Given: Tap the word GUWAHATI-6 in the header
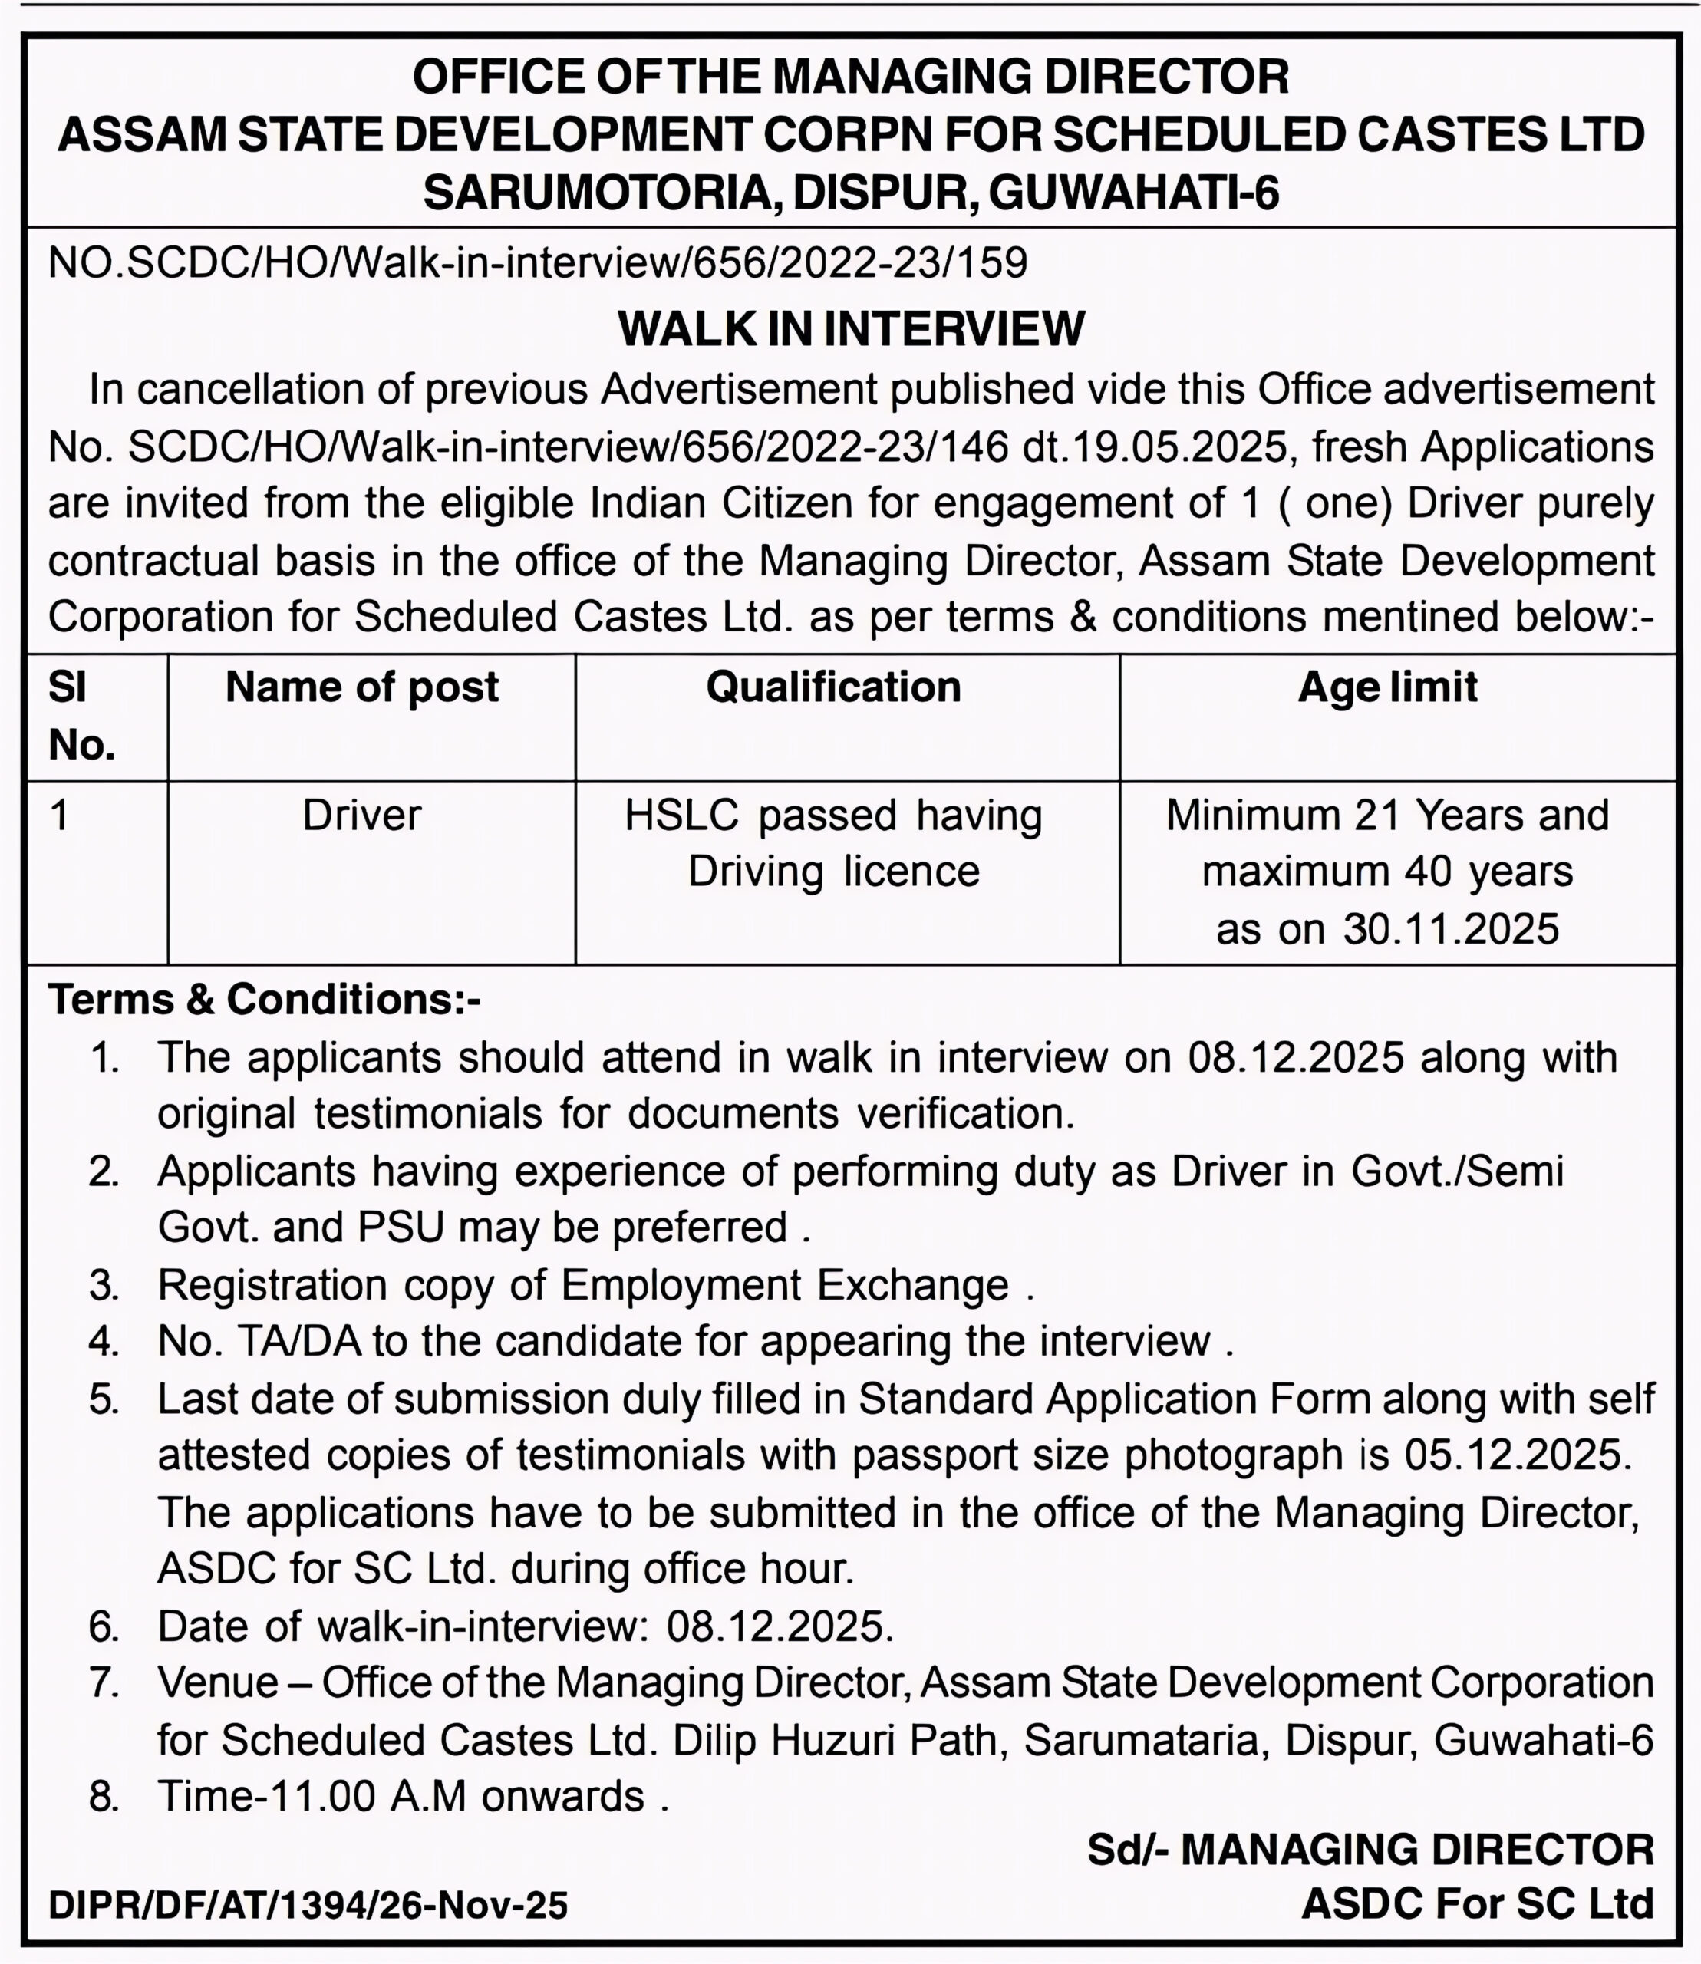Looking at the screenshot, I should click(x=1133, y=193).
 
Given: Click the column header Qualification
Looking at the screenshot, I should click(x=833, y=687).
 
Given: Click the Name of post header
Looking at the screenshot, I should click(x=361, y=687).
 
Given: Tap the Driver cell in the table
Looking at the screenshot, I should click(x=361, y=816).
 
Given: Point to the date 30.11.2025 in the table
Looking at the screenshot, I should click(x=1450, y=929).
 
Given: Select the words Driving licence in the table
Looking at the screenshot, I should click(x=833, y=872).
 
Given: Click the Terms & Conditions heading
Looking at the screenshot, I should click(x=265, y=1000).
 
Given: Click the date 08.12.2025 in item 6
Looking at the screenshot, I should click(x=780, y=1626).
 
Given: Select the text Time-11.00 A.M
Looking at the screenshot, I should click(x=312, y=1796).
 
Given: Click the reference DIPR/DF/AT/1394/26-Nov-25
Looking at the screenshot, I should click(x=308, y=1905).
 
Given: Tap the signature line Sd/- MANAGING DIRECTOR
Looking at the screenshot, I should click(x=1370, y=1849).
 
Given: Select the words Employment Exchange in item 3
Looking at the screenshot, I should click(x=785, y=1285).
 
